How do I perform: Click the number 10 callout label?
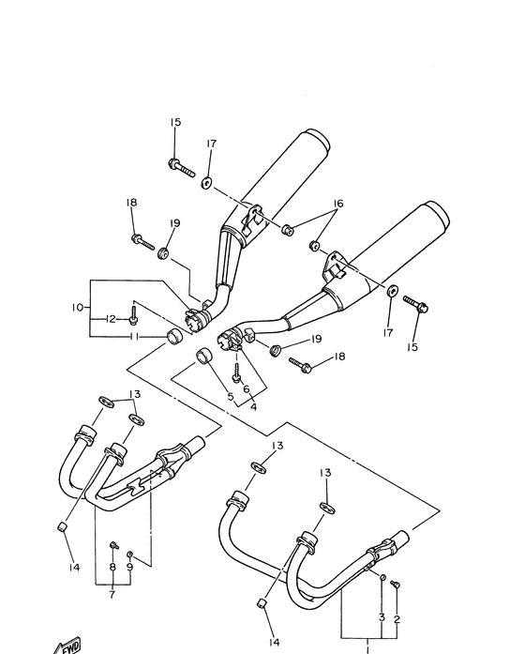point(78,308)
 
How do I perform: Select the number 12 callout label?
point(111,319)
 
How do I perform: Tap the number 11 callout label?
point(134,336)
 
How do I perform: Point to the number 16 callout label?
point(337,204)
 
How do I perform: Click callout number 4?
point(253,406)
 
